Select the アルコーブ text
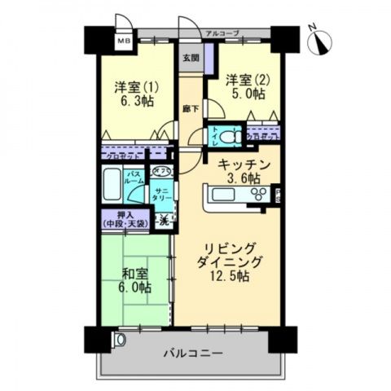tap(222, 33)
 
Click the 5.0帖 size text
tap(246, 94)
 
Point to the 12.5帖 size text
tap(231, 276)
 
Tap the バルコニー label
tap(192, 354)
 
